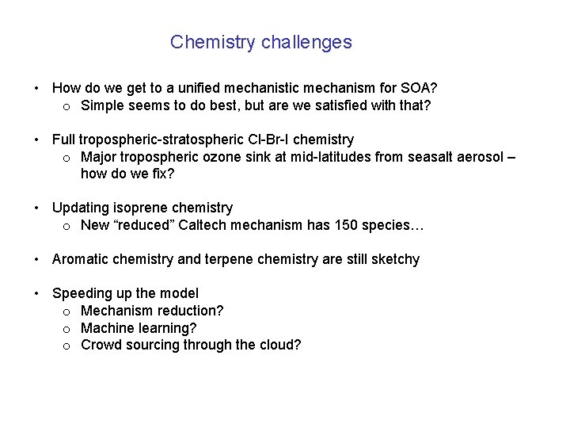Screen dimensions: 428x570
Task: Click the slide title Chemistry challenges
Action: pyautogui.click(x=260, y=42)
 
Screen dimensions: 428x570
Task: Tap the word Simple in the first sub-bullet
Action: pyautogui.click(x=104, y=105)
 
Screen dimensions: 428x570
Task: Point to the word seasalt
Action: pyautogui.click(x=431, y=158)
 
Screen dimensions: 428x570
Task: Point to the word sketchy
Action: pyautogui.click(x=393, y=260)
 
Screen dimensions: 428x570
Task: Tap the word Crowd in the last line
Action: pyautogui.click(x=101, y=346)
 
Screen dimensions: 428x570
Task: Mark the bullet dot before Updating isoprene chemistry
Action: pyautogui.click(x=36, y=208)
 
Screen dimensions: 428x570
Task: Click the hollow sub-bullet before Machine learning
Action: pyautogui.click(x=68, y=328)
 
